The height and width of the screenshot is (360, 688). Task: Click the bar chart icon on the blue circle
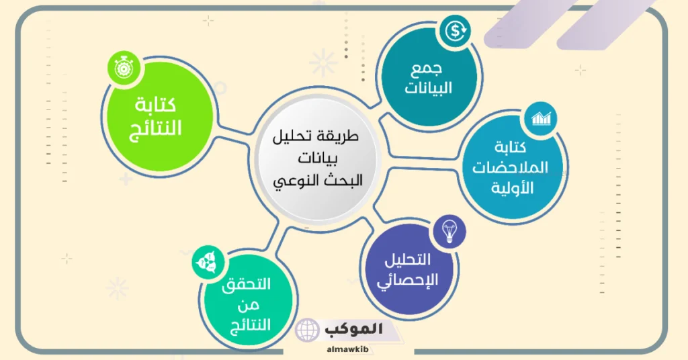coord(541,118)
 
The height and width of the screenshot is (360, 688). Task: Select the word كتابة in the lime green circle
coord(155,106)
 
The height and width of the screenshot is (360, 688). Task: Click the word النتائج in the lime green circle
coord(155,128)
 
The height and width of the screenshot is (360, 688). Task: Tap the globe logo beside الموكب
coord(308,330)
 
